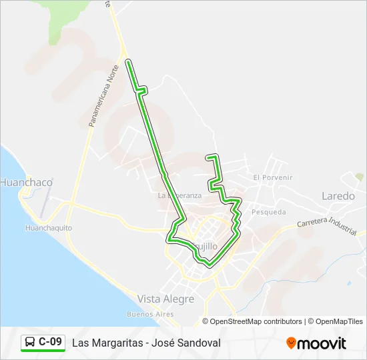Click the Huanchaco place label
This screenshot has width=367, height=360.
(x=26, y=182)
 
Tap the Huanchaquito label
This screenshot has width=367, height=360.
(x=48, y=228)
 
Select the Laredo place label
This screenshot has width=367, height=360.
(x=338, y=196)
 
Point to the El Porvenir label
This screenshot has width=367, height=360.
(x=273, y=177)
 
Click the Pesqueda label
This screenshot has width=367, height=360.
(x=269, y=212)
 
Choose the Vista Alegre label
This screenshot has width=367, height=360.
(x=165, y=299)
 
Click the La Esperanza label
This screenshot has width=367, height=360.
(x=179, y=196)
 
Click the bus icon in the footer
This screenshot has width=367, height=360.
(x=30, y=342)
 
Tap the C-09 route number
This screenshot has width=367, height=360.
(x=51, y=342)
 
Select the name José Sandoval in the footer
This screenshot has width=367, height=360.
(x=188, y=343)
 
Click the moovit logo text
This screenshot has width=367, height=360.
(x=322, y=343)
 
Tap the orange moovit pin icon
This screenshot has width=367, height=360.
(x=291, y=343)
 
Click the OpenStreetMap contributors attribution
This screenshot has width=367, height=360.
(x=256, y=321)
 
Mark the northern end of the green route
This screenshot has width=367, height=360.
(x=127, y=62)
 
